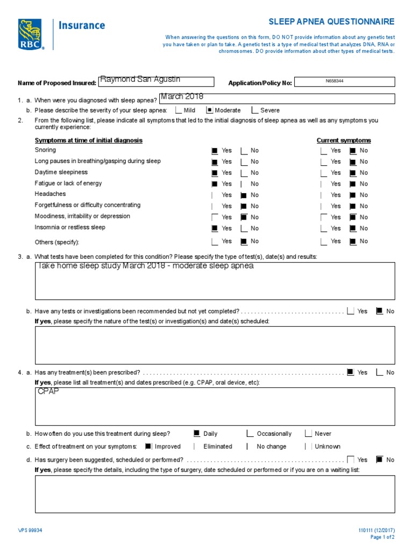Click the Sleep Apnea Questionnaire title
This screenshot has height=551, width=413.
(331, 22)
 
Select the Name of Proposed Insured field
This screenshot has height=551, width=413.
(156, 81)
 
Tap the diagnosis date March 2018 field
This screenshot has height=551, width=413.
(277, 98)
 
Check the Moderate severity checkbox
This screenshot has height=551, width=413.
(210, 110)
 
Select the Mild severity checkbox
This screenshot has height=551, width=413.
(179, 110)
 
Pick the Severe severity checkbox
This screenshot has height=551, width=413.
(255, 110)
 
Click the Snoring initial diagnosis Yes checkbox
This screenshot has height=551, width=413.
(215, 151)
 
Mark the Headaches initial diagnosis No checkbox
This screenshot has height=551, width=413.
(244, 195)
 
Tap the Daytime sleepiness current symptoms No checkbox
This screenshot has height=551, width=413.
(353, 173)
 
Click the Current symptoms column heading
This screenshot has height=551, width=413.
(344, 140)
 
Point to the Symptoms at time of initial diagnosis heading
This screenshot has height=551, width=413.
(89, 140)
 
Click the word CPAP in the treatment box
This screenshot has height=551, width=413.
(48, 392)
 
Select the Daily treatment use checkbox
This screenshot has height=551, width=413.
(197, 433)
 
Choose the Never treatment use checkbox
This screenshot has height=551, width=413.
(308, 433)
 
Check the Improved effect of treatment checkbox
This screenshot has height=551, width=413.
(148, 446)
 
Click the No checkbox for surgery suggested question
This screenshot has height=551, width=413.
(379, 460)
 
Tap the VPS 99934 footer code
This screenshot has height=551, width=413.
(30, 530)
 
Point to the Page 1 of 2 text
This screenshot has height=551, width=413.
(382, 537)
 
